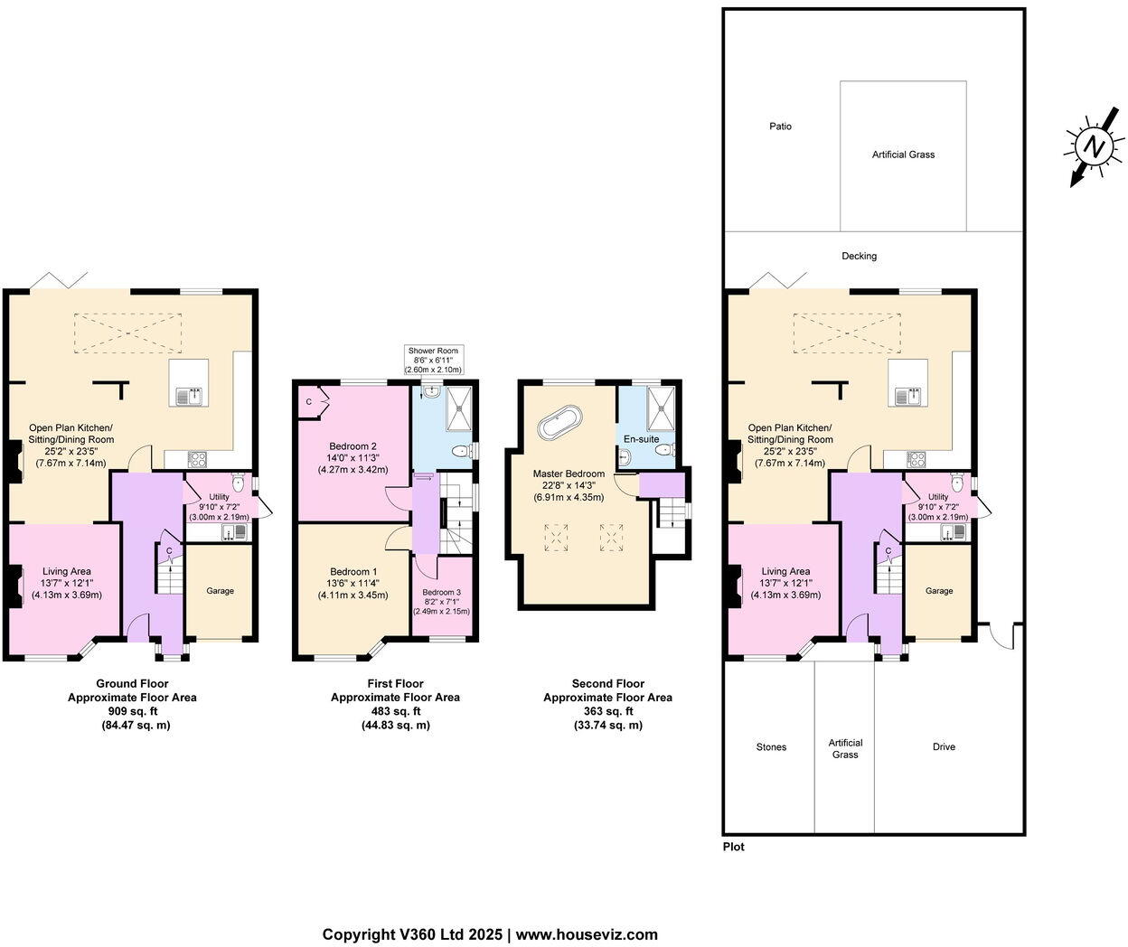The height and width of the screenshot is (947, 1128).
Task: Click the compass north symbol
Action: pos(1095,146)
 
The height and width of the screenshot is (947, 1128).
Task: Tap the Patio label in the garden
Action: pos(780,127)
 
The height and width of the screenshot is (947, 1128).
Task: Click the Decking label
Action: pos(859,257)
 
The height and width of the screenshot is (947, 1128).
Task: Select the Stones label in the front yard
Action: pos(771,747)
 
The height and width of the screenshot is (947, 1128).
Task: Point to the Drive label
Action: pos(944,747)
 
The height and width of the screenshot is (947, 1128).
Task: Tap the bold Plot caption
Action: pos(734,848)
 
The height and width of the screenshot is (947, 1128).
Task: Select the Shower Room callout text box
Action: pos(434,360)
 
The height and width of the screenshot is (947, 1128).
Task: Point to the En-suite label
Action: pos(641,439)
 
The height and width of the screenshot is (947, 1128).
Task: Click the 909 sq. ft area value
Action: pos(132,711)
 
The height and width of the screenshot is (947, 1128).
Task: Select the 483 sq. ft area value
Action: pos(395,711)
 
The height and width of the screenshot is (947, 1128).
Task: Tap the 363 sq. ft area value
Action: pos(607,711)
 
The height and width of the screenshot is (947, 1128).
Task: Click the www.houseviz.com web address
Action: pos(587,935)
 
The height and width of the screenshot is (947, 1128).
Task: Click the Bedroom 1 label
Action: pos(352,572)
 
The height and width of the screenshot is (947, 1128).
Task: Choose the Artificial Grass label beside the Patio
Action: pos(903,155)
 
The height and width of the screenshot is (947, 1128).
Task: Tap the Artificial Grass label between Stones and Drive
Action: pos(845,748)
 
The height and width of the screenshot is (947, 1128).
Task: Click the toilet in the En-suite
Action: pos(665,446)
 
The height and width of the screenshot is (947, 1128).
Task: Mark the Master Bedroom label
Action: pos(569,473)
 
